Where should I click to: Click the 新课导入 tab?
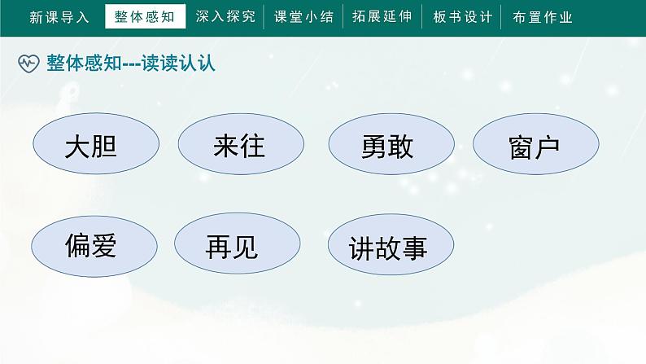click(x=59, y=17)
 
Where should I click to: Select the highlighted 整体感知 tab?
click(x=146, y=16)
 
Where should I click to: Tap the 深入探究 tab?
click(x=225, y=16)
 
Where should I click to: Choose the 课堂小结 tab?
click(x=303, y=16)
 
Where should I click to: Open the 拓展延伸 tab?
click(x=382, y=16)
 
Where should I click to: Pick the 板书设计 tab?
click(x=463, y=17)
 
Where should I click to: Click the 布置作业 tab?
click(x=543, y=17)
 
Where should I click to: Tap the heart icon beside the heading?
click(x=28, y=64)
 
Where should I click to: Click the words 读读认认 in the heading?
click(x=178, y=63)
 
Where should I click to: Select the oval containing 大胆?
click(x=96, y=143)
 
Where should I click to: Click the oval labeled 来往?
click(x=241, y=144)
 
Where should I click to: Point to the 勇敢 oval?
click(x=391, y=144)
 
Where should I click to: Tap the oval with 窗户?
click(x=536, y=144)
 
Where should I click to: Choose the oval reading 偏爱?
click(x=94, y=246)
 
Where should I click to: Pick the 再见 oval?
click(x=238, y=243)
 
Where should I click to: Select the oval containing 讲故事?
click(x=391, y=244)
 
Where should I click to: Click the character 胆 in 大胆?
click(x=105, y=147)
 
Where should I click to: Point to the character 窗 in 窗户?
click(x=521, y=147)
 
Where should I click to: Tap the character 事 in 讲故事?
click(x=415, y=248)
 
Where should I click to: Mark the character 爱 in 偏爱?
click(x=103, y=246)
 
